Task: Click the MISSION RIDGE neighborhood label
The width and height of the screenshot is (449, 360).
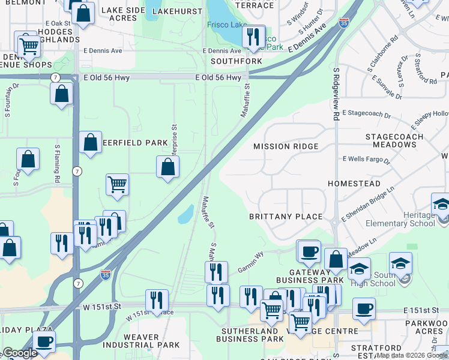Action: click(x=285, y=146)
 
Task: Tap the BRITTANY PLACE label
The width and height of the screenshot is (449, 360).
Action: click(x=286, y=217)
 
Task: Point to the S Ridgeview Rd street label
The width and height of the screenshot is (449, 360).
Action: click(x=336, y=94)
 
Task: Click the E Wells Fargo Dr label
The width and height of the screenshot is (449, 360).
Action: click(x=366, y=160)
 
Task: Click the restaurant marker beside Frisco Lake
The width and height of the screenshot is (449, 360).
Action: click(x=254, y=36)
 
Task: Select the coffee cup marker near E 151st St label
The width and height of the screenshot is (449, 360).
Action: click(x=364, y=309)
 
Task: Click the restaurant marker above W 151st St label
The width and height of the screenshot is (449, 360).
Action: click(x=157, y=299)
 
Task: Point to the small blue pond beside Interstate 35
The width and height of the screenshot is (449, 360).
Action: click(x=186, y=214)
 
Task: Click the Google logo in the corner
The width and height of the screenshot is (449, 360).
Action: click(x=20, y=353)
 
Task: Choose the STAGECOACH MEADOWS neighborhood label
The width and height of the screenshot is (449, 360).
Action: click(x=394, y=140)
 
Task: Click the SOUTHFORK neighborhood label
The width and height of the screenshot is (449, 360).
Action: click(x=236, y=61)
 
